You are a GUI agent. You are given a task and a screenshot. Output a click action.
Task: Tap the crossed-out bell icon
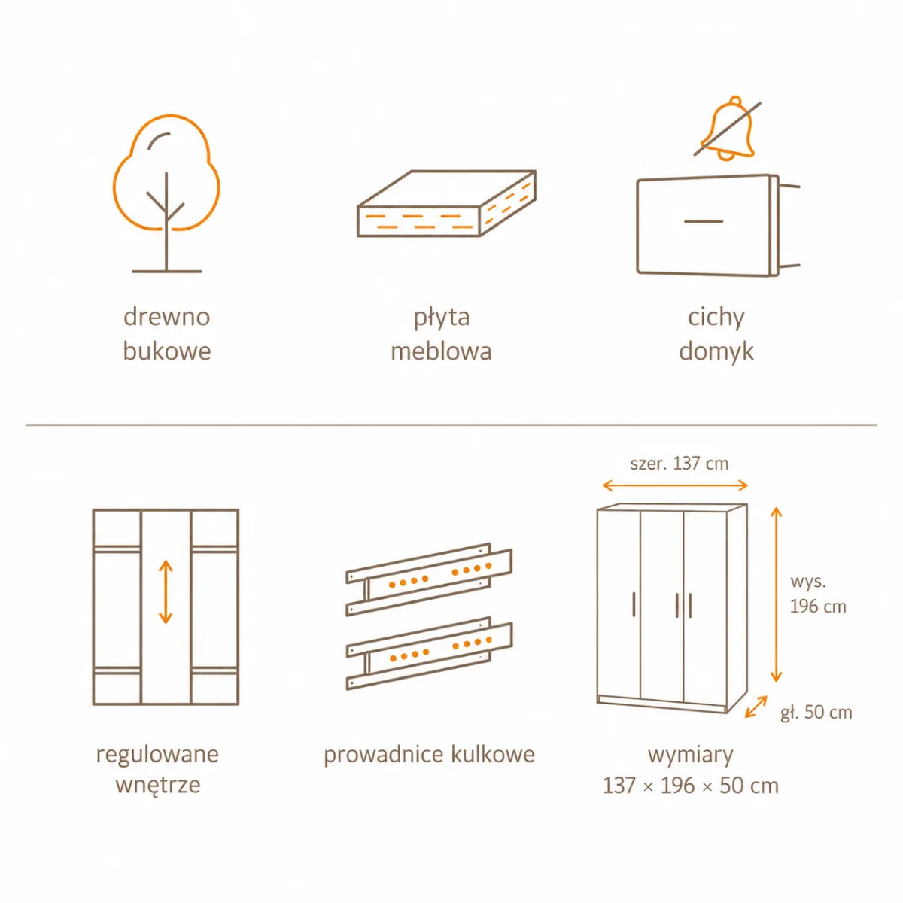click(727, 129)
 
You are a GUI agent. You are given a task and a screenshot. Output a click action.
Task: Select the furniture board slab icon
click(446, 203)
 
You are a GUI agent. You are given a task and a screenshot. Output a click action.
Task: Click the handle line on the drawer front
click(704, 221)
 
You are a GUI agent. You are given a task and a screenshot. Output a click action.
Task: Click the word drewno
click(167, 317)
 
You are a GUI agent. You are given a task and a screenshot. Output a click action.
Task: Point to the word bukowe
click(167, 351)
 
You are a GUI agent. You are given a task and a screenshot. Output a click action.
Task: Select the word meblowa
click(442, 351)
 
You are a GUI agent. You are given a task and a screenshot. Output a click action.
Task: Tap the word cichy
click(716, 318)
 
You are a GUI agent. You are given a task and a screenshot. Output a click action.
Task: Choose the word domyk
click(716, 352)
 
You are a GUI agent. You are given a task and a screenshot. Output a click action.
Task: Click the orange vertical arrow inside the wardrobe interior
click(166, 592)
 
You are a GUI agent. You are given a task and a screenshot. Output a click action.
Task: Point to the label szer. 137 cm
click(679, 464)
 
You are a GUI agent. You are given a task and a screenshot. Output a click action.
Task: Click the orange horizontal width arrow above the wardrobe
click(675, 485)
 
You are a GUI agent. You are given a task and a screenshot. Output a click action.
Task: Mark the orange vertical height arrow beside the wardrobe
click(777, 594)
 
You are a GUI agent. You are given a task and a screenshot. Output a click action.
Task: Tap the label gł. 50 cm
click(816, 713)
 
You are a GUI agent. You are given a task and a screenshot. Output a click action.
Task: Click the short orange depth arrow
click(756, 707)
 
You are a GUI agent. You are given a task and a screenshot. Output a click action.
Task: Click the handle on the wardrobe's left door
click(634, 604)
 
